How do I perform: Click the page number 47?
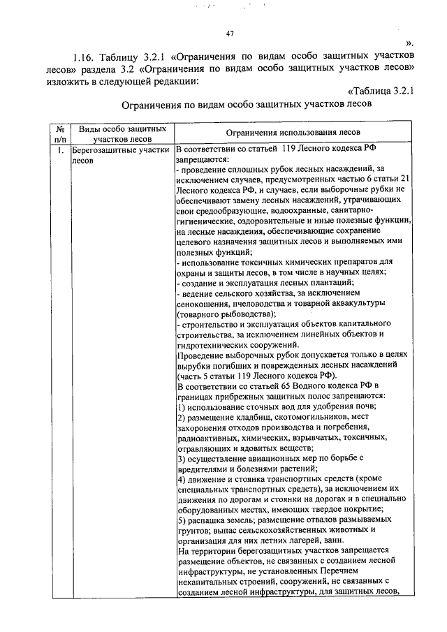click(230, 33)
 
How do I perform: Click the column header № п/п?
click(61, 134)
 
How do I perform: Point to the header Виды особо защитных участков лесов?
click(122, 134)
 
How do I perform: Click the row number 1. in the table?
click(61, 149)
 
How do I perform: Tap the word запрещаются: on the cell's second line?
click(200, 159)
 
